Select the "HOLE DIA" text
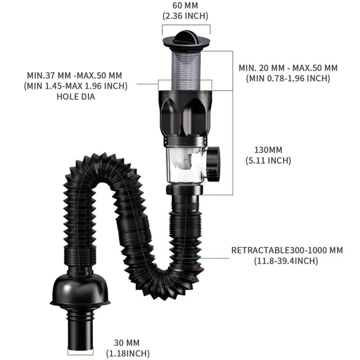click(x=76, y=96)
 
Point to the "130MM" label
click(x=268, y=150)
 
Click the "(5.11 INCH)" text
click(x=268, y=160)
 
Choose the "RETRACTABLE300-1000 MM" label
click(x=287, y=250)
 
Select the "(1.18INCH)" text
click(x=127, y=354)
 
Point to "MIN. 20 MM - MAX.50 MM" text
click(x=288, y=68)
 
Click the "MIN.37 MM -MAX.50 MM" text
click(x=75, y=76)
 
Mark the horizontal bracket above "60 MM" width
click(x=186, y=25)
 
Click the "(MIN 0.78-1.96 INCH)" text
click(x=288, y=78)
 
